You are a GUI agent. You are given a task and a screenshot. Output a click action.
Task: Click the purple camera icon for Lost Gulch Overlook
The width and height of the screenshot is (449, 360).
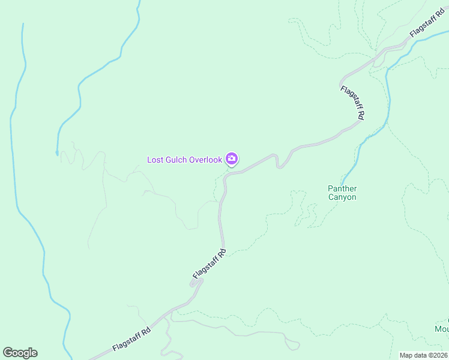click(x=232, y=159)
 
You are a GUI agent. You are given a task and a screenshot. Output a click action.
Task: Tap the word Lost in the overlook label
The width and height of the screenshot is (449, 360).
click(x=155, y=160)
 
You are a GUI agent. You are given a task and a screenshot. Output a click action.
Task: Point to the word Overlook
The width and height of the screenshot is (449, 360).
click(x=206, y=160)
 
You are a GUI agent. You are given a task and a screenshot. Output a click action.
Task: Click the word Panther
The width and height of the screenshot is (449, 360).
click(x=342, y=188)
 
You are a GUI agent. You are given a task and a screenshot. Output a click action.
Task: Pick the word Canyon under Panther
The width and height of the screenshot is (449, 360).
click(x=342, y=197)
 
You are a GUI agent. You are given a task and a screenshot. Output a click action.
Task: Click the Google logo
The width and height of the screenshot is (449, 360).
click(x=20, y=353)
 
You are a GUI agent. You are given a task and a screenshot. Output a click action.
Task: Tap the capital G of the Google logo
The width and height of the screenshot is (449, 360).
click(x=8, y=353)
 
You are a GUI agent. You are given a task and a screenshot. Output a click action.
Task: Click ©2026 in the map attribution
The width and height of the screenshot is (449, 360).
click(x=438, y=355)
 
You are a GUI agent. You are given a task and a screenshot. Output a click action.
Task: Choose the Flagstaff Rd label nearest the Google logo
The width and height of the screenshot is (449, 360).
click(x=131, y=340)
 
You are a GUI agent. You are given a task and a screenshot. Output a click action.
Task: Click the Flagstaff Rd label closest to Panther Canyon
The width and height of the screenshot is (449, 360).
click(x=352, y=103)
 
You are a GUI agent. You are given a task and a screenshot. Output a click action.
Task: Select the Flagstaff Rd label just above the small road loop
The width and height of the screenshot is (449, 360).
click(x=209, y=264)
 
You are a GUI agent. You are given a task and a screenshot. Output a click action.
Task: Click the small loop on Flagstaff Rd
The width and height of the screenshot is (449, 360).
click(x=196, y=283)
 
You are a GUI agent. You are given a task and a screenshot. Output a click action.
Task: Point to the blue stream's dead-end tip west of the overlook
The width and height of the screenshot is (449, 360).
click(x=57, y=154)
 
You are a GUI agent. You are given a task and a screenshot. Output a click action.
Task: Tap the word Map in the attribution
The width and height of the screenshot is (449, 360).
click(x=407, y=355)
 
